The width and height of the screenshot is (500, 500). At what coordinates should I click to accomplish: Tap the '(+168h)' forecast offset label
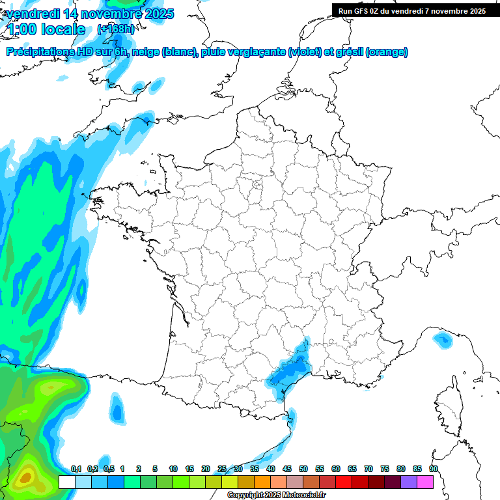(115, 29)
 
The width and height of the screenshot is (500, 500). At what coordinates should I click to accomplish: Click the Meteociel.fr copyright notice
(276, 495)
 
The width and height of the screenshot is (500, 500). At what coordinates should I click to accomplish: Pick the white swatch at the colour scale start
(66, 482)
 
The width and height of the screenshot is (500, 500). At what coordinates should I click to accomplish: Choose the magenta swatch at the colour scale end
(425, 482)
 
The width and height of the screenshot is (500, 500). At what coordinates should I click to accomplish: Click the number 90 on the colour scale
(434, 469)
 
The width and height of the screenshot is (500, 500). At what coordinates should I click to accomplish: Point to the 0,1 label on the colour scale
(76, 469)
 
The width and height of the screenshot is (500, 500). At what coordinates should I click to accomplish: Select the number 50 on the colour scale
(303, 469)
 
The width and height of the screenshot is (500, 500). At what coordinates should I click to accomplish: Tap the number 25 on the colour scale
(222, 469)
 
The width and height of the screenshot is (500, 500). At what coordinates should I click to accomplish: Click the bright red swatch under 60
(344, 482)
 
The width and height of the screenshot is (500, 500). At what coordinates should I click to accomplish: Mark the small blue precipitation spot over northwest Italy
(443, 339)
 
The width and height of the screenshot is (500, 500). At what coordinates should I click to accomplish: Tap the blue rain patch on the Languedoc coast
(289, 371)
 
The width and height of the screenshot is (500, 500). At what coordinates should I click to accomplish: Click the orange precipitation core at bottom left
(25, 478)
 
